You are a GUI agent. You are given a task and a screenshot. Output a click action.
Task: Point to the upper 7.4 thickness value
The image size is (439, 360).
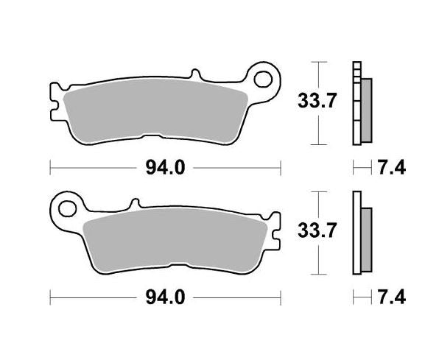(390, 169)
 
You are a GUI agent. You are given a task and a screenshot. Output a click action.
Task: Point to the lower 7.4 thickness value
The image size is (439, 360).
(390, 299)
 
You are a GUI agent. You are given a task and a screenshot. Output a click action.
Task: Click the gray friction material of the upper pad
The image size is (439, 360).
(155, 109)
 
